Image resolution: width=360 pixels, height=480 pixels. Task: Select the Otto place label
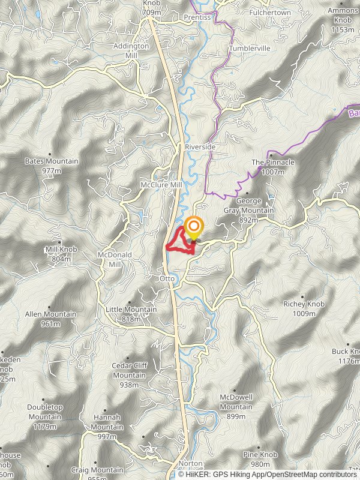pyautogui.click(x=166, y=278)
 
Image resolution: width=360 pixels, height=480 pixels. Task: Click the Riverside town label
pyautogui.click(x=200, y=146)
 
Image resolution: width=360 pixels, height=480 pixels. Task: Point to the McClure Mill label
pyautogui.click(x=161, y=185)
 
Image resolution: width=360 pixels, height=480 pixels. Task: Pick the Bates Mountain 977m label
pyautogui.click(x=52, y=166)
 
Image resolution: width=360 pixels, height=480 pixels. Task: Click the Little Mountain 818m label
pyautogui.click(x=131, y=314)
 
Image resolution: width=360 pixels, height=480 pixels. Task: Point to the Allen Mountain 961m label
pyautogui.click(x=50, y=319)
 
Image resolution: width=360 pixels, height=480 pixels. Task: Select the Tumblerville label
pyautogui.click(x=250, y=49)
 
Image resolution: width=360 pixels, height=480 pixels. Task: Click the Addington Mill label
pyautogui.click(x=131, y=50)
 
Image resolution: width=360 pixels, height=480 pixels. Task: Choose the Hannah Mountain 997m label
pyautogui.click(x=107, y=422)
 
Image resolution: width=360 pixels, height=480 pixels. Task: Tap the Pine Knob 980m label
pyautogui.click(x=260, y=460)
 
